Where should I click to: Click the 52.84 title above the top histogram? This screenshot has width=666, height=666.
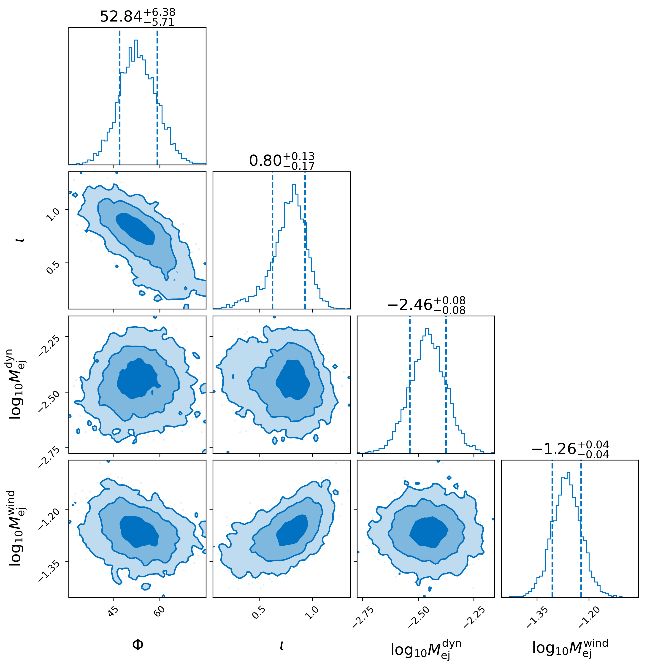(x=137, y=16)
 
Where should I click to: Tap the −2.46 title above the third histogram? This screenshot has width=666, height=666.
(x=426, y=305)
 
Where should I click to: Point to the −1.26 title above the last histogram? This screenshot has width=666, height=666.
(x=570, y=449)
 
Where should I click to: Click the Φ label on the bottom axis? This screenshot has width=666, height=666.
(x=138, y=645)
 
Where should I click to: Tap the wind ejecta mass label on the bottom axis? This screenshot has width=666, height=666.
(x=570, y=648)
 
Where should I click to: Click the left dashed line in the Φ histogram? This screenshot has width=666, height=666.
(x=120, y=97)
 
